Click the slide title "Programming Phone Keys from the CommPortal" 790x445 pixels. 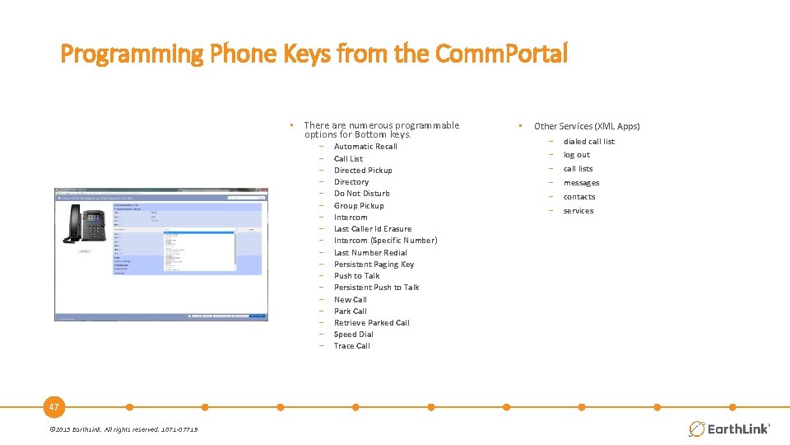(x=314, y=54)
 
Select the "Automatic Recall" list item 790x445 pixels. (x=365, y=147)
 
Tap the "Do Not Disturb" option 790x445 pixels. (x=361, y=194)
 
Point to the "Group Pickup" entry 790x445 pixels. (x=359, y=206)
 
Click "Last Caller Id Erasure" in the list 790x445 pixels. (x=372, y=229)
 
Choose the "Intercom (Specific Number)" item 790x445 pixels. (x=385, y=241)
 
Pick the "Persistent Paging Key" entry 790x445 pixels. (x=374, y=265)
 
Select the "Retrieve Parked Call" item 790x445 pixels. (x=371, y=323)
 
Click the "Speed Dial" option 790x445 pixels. (x=353, y=335)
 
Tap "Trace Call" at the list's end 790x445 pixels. (x=351, y=346)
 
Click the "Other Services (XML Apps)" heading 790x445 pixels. (x=586, y=126)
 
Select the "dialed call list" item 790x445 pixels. (x=588, y=142)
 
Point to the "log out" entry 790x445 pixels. (x=576, y=155)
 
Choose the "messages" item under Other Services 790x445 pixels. (x=581, y=183)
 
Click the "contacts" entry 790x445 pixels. (x=579, y=197)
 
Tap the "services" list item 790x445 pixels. (x=578, y=211)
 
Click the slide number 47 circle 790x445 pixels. (x=54, y=407)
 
